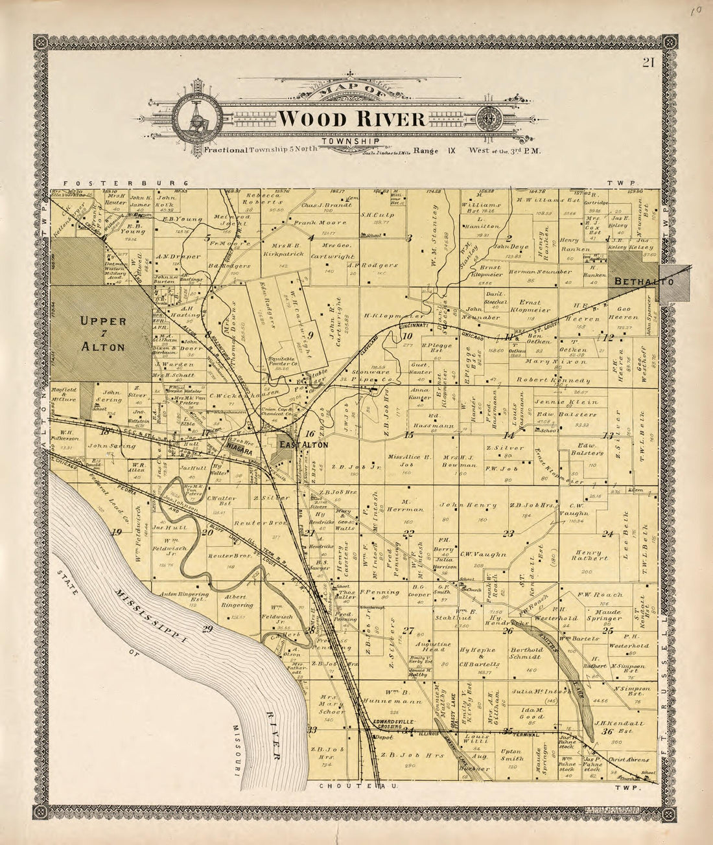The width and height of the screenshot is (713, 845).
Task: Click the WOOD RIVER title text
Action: tap(353, 120)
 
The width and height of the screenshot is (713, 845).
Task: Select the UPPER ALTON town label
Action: tap(102, 333)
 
